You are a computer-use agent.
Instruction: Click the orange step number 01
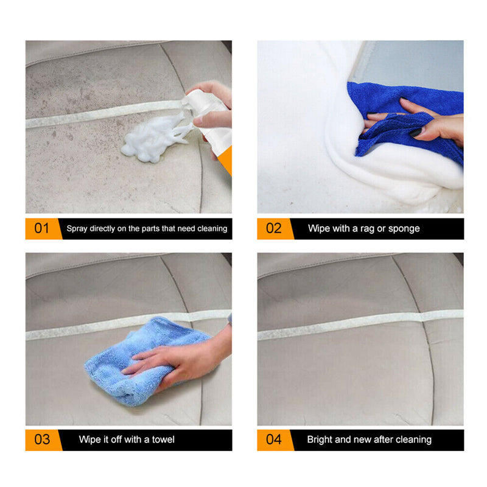point(41,229)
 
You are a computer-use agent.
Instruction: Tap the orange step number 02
point(273,229)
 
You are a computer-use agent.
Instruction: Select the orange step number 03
point(41,440)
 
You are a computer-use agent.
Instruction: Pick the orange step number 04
point(273,440)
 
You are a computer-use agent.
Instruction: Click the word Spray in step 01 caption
point(77,229)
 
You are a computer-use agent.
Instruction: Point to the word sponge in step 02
point(404,229)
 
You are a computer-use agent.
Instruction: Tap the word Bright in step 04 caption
point(320,440)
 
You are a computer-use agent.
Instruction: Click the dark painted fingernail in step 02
point(415,132)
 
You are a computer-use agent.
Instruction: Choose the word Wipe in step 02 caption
point(319,229)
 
